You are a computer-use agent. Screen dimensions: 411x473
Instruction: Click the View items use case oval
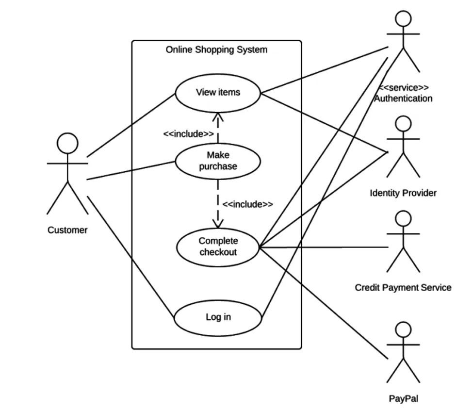pos(218,92)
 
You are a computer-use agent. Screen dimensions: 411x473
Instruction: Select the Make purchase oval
pos(218,161)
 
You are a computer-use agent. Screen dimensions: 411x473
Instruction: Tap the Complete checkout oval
pos(218,247)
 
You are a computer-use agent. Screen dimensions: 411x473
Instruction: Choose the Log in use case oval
pos(218,317)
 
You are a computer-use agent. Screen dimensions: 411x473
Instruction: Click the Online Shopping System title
pos(216,49)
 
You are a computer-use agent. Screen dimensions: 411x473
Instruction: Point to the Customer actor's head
pos(67,144)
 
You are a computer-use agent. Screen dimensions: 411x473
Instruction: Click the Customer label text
pos(67,230)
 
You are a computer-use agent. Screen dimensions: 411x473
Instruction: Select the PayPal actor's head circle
pos(403,330)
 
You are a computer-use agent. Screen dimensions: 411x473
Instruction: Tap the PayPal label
pos(403,399)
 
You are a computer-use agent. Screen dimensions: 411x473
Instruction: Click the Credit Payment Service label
pos(403,287)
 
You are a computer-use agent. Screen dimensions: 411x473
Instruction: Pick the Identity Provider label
pos(403,193)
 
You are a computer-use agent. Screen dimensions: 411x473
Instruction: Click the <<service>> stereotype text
pos(403,88)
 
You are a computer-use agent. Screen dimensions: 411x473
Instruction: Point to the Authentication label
pos(403,99)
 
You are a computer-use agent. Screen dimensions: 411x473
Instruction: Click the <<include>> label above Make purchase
pos(188,134)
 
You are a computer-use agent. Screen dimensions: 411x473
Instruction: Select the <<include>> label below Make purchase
pos(247,204)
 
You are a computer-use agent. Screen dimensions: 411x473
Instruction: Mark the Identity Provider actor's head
pos(403,124)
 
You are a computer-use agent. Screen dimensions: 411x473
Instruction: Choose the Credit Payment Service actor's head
pos(403,218)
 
